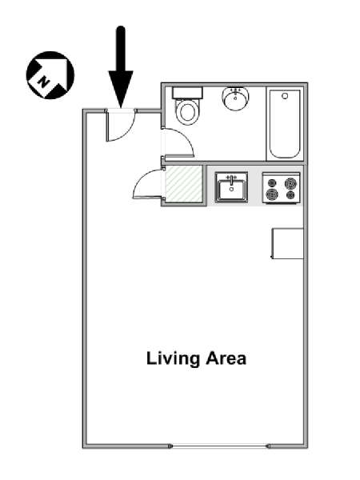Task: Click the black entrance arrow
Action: [x=121, y=67]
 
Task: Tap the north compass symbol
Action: [x=50, y=75]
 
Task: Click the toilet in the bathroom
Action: [x=187, y=106]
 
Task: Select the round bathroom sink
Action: [x=235, y=98]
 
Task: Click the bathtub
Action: [x=284, y=124]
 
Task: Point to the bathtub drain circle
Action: [x=285, y=96]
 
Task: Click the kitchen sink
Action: [x=231, y=187]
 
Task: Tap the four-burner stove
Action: [x=281, y=188]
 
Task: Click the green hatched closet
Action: [x=184, y=184]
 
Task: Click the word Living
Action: [x=173, y=358]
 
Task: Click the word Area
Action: [x=226, y=358]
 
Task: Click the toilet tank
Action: [x=187, y=93]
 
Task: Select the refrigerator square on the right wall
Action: [x=287, y=243]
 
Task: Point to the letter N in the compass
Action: [x=44, y=82]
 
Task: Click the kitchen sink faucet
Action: [x=231, y=178]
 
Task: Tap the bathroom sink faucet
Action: [x=235, y=91]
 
